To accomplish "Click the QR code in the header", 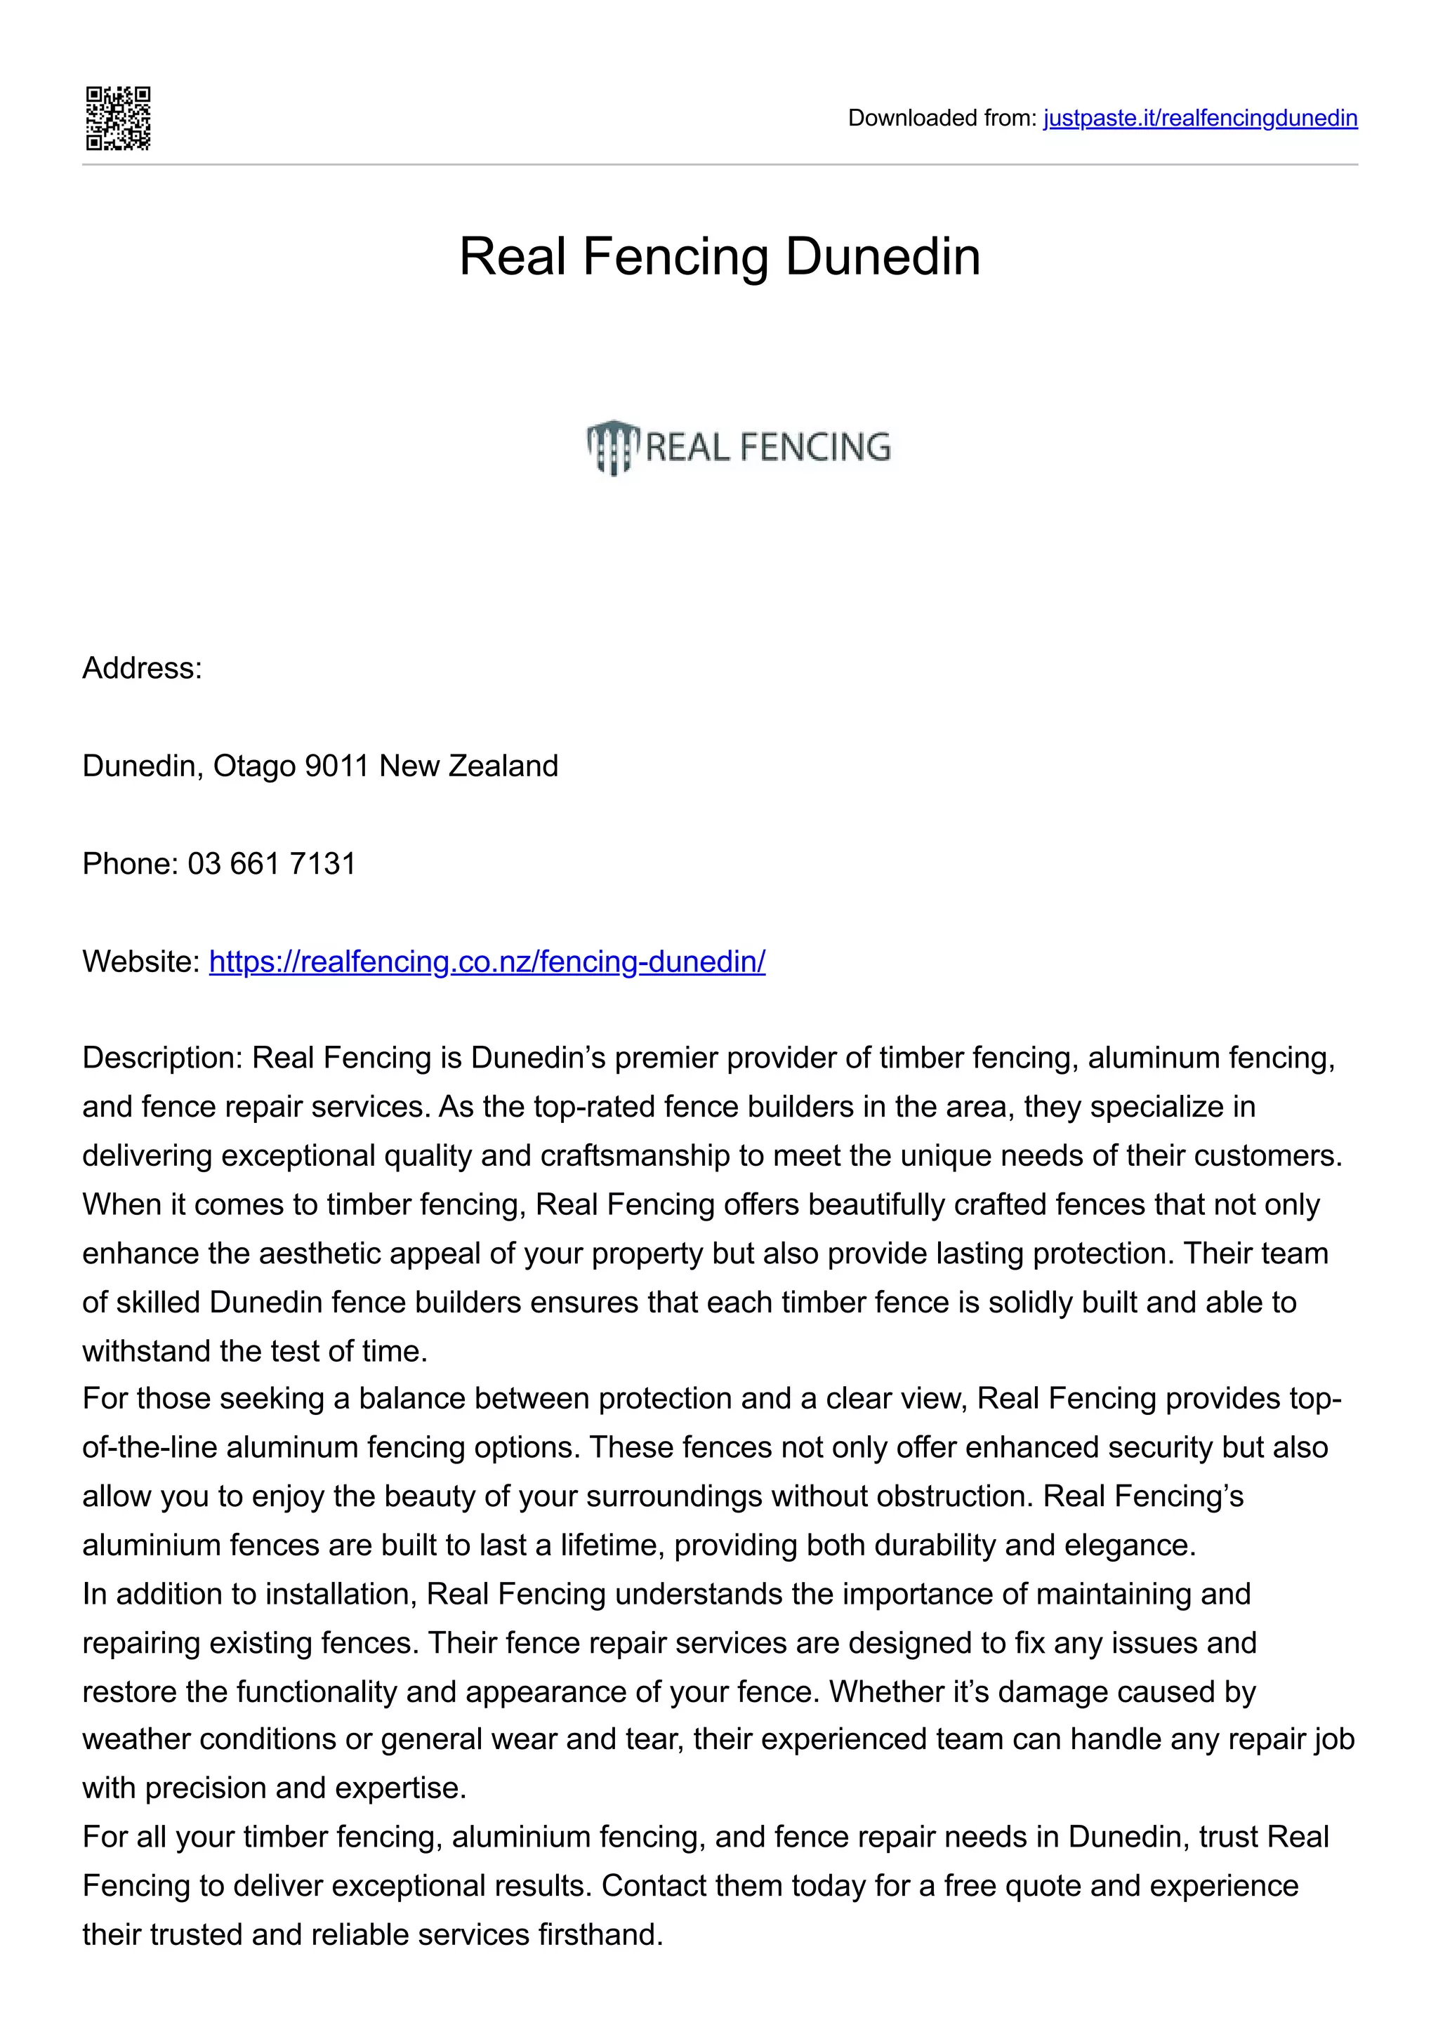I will (x=118, y=119).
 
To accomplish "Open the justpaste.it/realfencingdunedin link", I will (x=1200, y=118).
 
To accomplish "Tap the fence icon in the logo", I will (x=612, y=446).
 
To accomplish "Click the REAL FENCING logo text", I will (x=768, y=446).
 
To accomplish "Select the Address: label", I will (x=142, y=668).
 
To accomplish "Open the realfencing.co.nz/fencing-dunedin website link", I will (x=487, y=961).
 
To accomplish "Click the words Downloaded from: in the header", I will (x=941, y=118).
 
